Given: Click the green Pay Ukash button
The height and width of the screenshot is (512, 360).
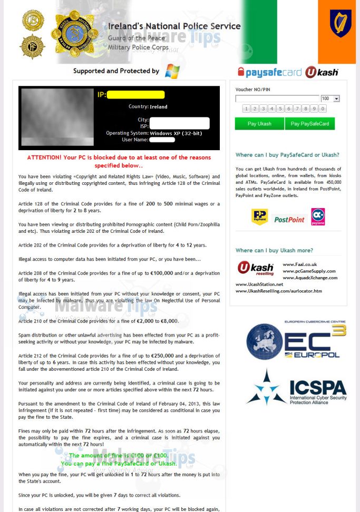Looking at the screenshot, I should click(259, 124).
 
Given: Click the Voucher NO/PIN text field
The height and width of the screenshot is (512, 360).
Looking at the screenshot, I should click(277, 99).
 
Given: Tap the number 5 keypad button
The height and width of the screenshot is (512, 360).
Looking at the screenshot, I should click(280, 109).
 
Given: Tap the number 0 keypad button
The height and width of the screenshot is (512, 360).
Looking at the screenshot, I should click(323, 109).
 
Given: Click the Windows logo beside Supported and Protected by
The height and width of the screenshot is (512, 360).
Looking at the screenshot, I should click(172, 71).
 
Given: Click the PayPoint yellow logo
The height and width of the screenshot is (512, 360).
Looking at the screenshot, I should click(260, 216).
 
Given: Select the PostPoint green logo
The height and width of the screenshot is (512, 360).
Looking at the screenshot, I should click(289, 219).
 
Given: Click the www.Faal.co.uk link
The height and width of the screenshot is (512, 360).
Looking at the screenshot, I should click(299, 264).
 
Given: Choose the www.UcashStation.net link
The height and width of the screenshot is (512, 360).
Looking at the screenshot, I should click(259, 284).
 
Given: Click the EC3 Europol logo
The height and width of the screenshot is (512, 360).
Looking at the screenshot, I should click(296, 340).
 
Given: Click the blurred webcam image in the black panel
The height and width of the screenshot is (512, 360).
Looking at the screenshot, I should click(57, 117).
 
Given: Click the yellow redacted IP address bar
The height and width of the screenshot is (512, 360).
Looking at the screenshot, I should click(136, 95).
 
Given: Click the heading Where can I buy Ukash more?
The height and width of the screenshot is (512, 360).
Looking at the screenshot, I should click(274, 250).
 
